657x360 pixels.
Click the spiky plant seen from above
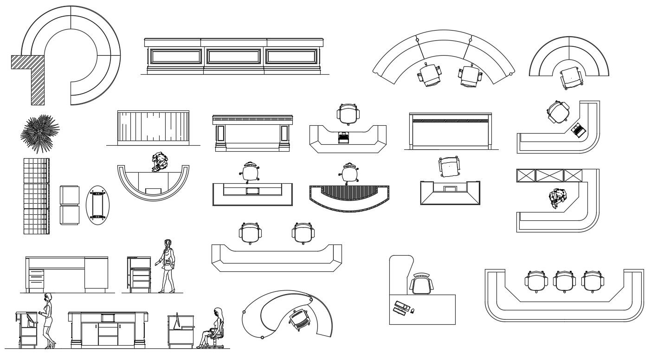40,133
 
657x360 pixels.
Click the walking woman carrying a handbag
167,265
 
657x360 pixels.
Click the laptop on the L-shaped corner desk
578,130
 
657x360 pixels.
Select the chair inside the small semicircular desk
570,77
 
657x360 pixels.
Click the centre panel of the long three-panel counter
233,57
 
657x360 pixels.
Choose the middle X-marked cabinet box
549,176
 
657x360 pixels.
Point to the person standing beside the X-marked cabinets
558,198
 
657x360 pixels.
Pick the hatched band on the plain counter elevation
450,121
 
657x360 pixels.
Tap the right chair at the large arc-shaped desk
471,76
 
